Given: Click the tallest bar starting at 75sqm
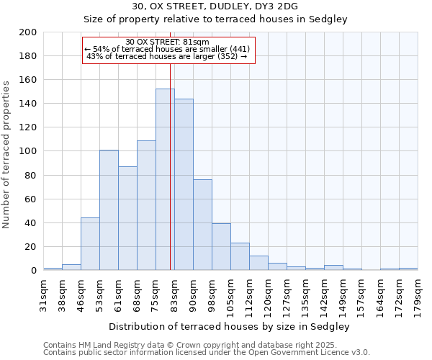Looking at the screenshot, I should [165, 179].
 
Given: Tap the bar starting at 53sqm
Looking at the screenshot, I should [109, 210].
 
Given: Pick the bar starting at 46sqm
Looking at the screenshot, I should [90, 243].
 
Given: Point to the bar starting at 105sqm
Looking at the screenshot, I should [240, 256].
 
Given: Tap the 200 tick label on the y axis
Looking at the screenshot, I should [28, 32].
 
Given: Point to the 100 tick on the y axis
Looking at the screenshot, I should [28, 151].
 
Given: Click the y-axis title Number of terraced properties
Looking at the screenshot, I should [6, 154].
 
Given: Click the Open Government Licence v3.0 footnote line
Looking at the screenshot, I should [206, 353].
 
